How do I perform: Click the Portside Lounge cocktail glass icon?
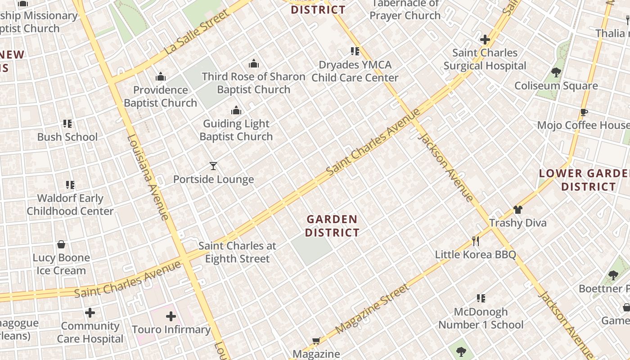coord(213,166)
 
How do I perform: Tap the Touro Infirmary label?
coord(171,329)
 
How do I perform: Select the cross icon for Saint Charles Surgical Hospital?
coord(485,40)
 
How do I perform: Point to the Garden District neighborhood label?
coord(332,226)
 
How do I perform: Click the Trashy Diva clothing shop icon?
coord(518,210)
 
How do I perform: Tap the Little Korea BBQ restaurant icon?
coord(475,241)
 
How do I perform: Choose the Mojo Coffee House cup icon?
coord(584,112)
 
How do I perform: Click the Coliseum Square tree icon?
coord(556,72)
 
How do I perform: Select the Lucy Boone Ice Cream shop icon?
coord(61,244)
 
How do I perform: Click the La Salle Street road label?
coord(197,33)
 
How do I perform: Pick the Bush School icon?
coord(67,124)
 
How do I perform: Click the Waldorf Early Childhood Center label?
coord(70,204)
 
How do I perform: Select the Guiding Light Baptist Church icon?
coord(236,110)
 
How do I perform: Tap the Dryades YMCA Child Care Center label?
coord(355,71)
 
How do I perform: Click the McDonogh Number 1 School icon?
coord(481,298)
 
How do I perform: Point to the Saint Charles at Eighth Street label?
coord(237,252)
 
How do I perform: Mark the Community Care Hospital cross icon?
coord(90,312)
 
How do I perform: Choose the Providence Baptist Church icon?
coord(161,76)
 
